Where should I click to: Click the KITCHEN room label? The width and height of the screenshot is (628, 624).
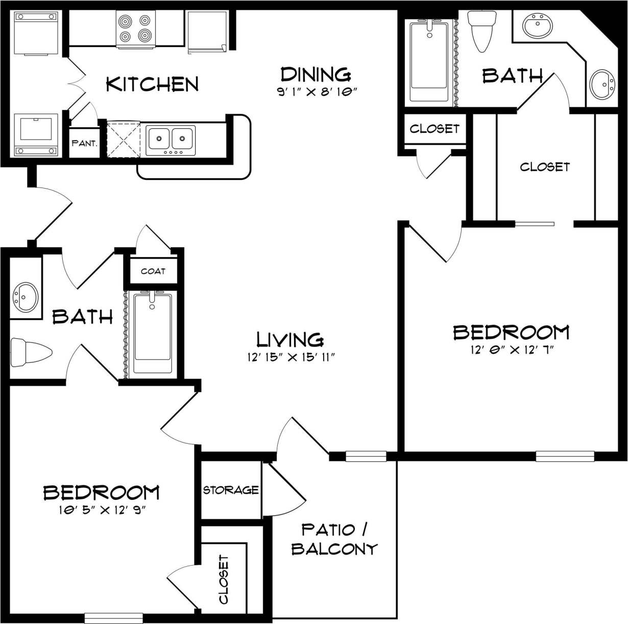tap(152, 84)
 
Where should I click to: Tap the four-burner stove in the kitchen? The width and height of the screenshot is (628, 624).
tap(136, 29)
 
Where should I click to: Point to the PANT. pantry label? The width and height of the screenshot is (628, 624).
tap(85, 144)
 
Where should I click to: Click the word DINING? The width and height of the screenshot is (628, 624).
tap(316, 74)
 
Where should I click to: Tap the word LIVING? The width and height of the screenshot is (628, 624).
tap(289, 339)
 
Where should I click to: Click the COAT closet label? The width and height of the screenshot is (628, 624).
tap(153, 271)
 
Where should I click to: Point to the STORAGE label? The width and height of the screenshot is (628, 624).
tap(231, 490)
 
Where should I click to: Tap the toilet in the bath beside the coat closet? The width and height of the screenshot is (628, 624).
tap(31, 352)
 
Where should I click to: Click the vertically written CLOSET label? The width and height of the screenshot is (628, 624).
tap(224, 579)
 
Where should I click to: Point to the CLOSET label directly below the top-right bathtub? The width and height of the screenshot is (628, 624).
tap(434, 128)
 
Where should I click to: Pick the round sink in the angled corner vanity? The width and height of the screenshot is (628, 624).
tap(603, 84)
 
